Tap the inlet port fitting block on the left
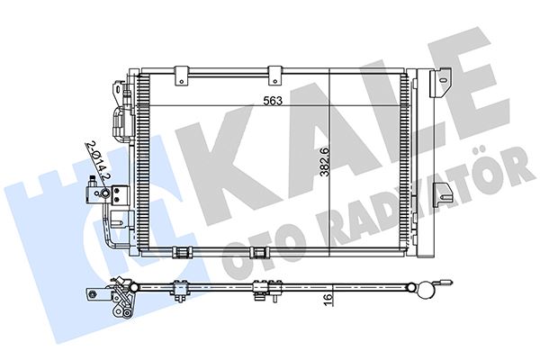(94, 192)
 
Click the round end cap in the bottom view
(417, 289)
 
